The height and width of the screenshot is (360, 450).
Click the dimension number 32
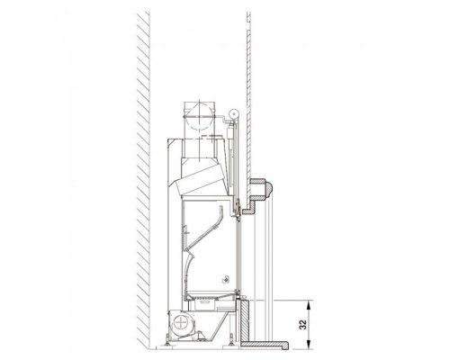pyautogui.click(x=303, y=324)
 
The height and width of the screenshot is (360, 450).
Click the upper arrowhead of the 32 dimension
pyautogui.click(x=309, y=303)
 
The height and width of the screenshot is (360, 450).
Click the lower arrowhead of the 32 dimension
pyautogui.click(x=309, y=346)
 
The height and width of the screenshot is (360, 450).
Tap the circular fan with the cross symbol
pyautogui.click(x=181, y=323)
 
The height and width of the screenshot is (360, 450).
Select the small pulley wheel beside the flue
pyautogui.click(x=233, y=113)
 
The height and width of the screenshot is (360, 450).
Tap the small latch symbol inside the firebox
pyautogui.click(x=226, y=280)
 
